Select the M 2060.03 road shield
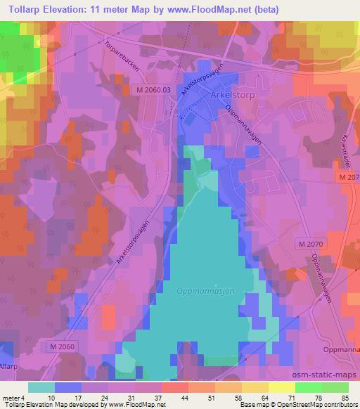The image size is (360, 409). (153, 90)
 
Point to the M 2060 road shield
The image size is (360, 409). (65, 346)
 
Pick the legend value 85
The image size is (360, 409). (345, 397)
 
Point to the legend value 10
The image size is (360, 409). (51, 397)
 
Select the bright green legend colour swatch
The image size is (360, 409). (309, 387)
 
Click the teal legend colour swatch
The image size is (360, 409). (41, 387)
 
